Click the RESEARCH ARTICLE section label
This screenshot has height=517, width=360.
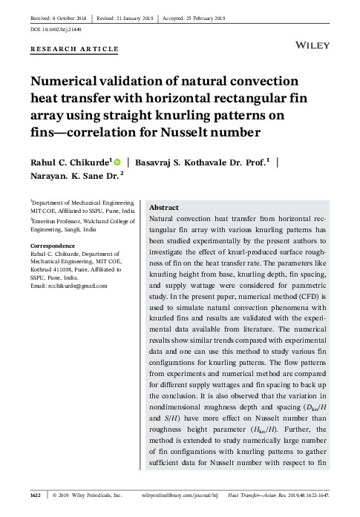74,49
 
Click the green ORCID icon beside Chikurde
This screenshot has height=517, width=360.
117,161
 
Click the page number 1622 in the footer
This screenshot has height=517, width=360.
35,493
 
